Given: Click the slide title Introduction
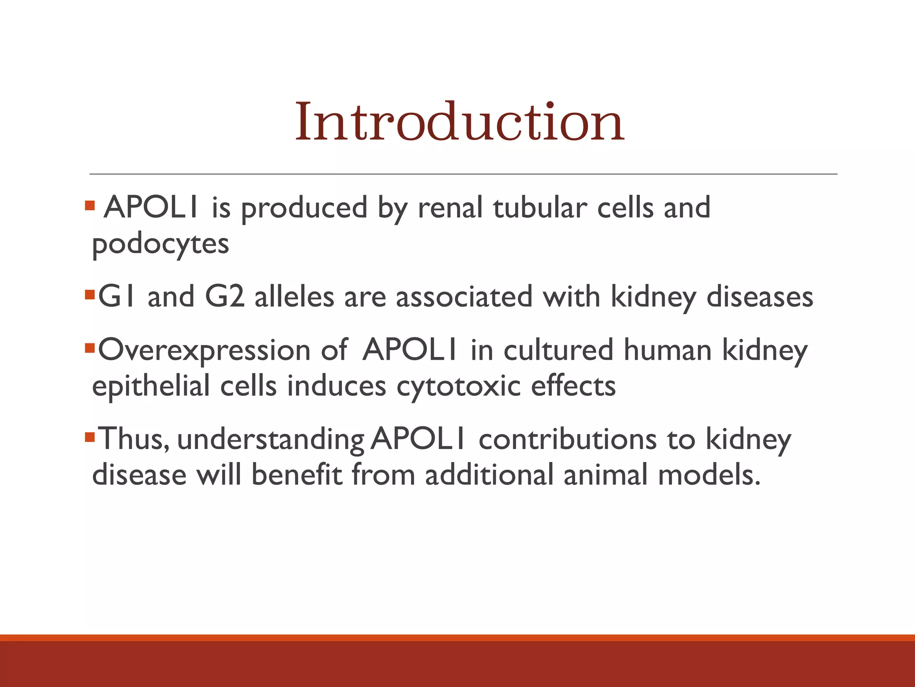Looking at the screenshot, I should (x=459, y=122).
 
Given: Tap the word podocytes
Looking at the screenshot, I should (x=160, y=244).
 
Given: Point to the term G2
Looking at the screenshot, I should (x=225, y=297).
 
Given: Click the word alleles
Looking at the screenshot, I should (x=294, y=297).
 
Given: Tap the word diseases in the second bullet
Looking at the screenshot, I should (x=760, y=297).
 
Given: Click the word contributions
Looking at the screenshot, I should (x=567, y=439).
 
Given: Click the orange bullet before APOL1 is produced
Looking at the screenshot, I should (x=90, y=206).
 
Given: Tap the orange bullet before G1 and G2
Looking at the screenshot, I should (x=90, y=295).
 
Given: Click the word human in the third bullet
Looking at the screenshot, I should (x=667, y=350).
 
